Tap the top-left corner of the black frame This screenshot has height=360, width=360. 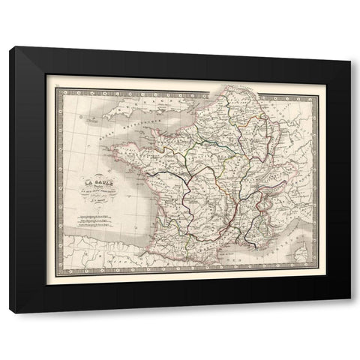coord(10,47)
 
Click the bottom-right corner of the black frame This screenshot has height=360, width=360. coord(349,311)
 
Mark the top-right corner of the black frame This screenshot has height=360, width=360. coord(349,47)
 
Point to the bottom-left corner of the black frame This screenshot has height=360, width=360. coord(10,311)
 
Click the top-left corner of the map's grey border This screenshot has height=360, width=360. coord(58,88)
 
